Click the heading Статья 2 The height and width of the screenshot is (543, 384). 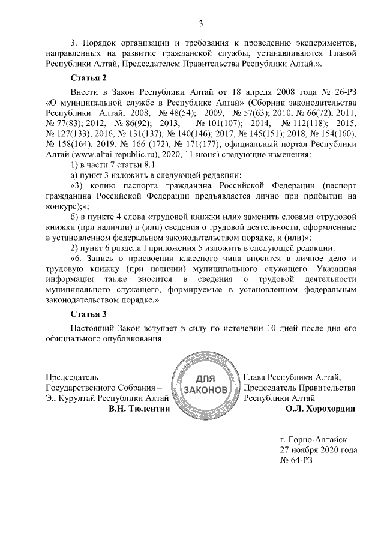(89, 78)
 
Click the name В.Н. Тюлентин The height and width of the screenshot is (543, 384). (139, 409)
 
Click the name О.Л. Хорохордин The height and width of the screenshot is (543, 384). (322, 409)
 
